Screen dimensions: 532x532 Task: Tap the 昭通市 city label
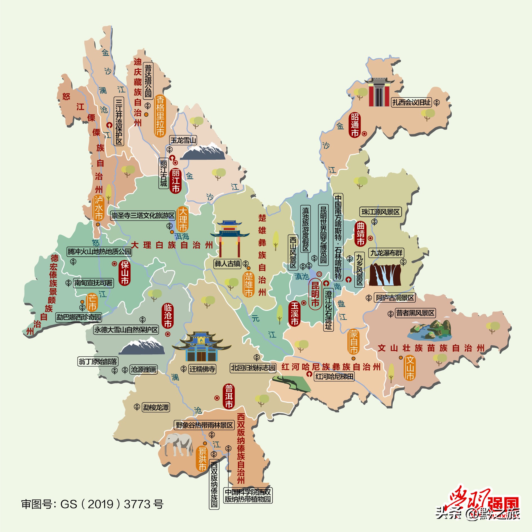[x=355, y=125]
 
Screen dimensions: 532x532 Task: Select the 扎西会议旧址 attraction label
[x=412, y=102]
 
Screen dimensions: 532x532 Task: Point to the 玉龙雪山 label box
[x=183, y=140]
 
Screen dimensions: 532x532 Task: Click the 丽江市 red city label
[x=176, y=181]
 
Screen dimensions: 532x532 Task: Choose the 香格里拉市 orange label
[x=160, y=116]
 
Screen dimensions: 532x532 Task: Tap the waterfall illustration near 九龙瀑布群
[x=385, y=274]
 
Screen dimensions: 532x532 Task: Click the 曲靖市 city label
[x=361, y=234]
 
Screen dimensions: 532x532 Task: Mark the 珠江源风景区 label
[x=381, y=212]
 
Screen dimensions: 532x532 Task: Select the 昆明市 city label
[x=315, y=294]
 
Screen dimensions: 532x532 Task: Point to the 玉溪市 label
[x=295, y=314]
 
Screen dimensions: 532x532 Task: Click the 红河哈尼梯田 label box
[x=334, y=376]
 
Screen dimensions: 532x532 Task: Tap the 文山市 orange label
[x=410, y=368]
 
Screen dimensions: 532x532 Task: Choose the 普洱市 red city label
[x=229, y=396]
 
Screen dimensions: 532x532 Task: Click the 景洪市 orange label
[x=202, y=459]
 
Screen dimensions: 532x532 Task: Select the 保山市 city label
[x=125, y=273]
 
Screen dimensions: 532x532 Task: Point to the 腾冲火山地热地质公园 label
[x=99, y=251]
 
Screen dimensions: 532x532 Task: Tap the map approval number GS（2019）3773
[x=92, y=504]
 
